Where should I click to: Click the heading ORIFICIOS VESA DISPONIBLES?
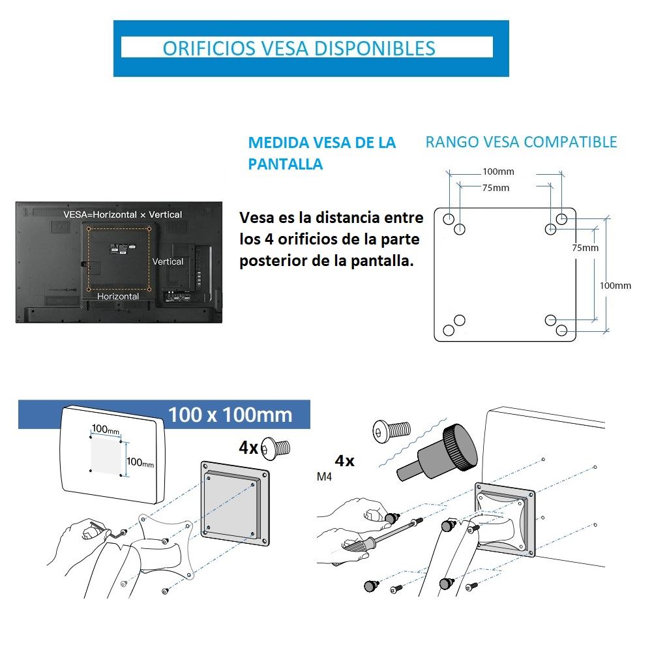click(299, 48)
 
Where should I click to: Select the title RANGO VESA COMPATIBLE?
click(521, 142)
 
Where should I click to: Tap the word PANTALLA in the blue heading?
click(286, 164)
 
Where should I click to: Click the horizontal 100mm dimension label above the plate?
click(498, 171)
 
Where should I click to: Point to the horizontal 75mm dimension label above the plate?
click(496, 188)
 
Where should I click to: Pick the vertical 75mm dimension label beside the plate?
click(585, 248)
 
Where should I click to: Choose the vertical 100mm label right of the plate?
click(615, 286)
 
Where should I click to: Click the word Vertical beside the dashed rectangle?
click(168, 261)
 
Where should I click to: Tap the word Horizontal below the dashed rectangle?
click(118, 297)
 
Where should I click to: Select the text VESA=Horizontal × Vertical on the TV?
click(123, 215)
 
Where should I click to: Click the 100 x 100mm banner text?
click(230, 415)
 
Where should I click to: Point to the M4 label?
click(324, 477)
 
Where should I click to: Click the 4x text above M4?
click(344, 461)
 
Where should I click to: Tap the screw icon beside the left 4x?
click(275, 449)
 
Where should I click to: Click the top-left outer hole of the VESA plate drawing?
click(449, 218)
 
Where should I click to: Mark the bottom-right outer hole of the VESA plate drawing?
click(561, 331)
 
